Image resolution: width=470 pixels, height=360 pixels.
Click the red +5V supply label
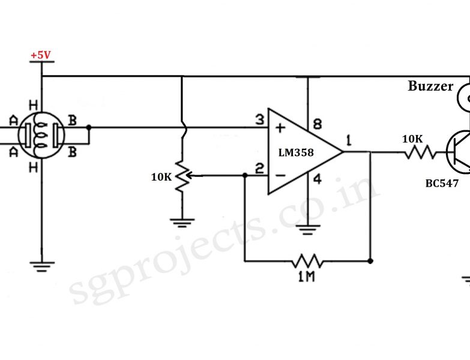[41, 55]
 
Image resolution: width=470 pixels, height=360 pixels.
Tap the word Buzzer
[430, 86]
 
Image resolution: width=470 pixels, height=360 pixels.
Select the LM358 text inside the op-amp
[295, 152]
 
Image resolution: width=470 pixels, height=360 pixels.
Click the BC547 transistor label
[442, 184]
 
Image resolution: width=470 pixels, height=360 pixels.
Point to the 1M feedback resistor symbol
[307, 262]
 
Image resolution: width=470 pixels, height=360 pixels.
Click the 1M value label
[307, 277]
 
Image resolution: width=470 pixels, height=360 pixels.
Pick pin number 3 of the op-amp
[259, 120]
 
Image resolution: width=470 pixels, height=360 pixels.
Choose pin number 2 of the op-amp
[259, 169]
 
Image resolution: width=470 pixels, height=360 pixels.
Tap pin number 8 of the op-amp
[317, 124]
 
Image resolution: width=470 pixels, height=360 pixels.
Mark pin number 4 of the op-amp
[318, 178]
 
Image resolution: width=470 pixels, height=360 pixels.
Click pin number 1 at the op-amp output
[348, 142]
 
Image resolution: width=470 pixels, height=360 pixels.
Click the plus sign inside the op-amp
[279, 128]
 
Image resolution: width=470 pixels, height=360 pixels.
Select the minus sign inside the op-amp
[279, 175]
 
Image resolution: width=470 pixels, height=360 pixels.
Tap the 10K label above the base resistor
[412, 139]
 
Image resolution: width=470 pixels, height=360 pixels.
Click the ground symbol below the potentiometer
[182, 222]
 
